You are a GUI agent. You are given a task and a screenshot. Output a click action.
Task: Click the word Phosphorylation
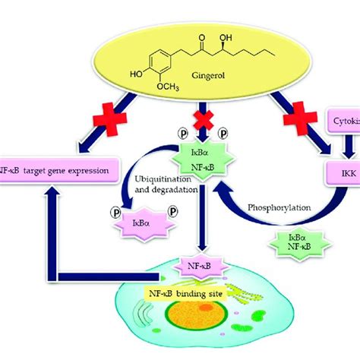[x=261, y=207]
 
